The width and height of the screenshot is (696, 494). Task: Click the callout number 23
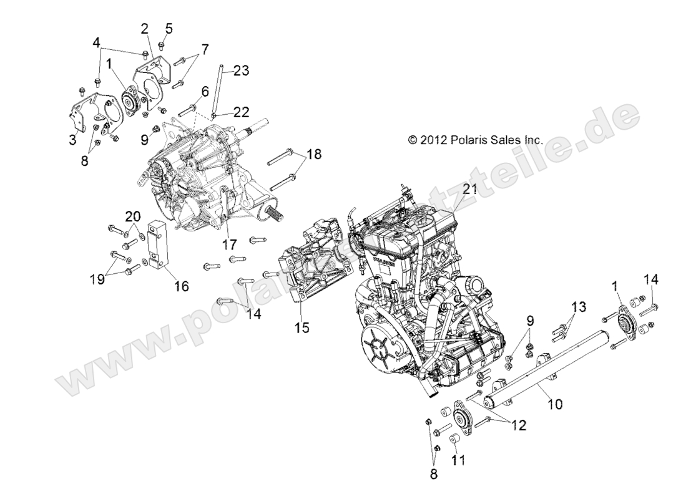242,71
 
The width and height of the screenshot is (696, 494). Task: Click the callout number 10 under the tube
554,404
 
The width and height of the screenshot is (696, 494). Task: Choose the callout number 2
145,28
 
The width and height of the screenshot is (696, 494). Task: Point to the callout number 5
169,28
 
